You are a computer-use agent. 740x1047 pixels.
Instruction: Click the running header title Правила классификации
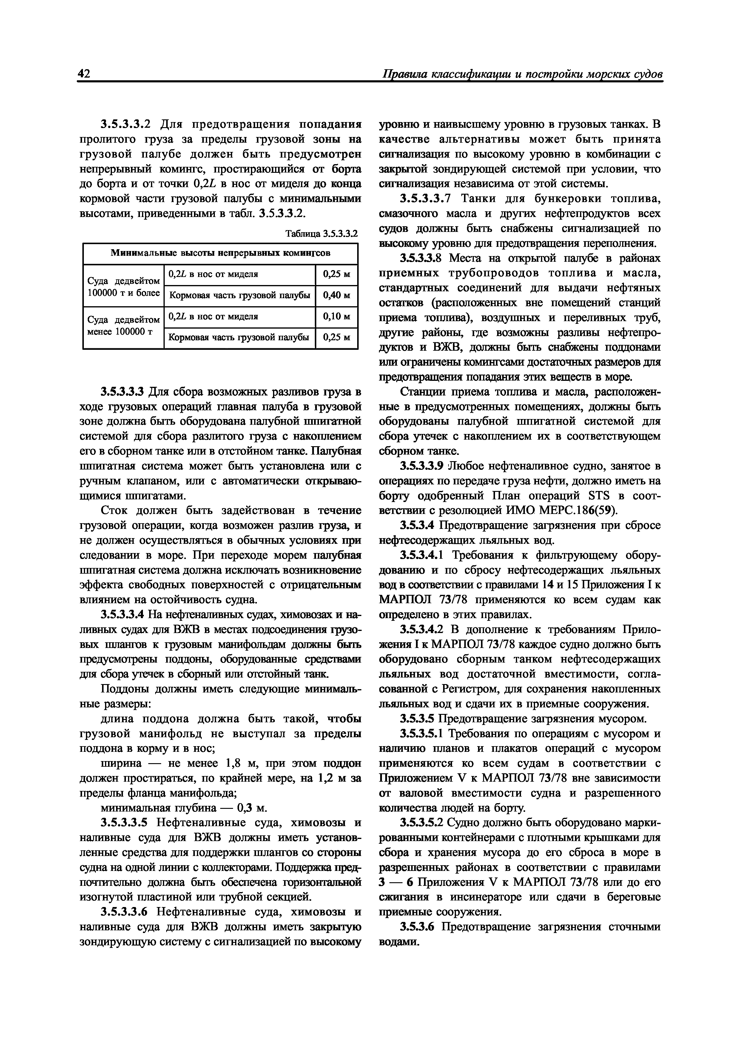522,74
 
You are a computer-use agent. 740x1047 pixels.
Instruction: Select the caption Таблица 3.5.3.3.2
321,234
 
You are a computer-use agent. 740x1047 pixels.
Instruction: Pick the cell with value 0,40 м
337,295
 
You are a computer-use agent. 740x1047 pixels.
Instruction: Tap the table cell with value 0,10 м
337,316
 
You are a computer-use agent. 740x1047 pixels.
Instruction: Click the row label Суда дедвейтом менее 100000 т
123,326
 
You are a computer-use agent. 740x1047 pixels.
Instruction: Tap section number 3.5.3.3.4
123,614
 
